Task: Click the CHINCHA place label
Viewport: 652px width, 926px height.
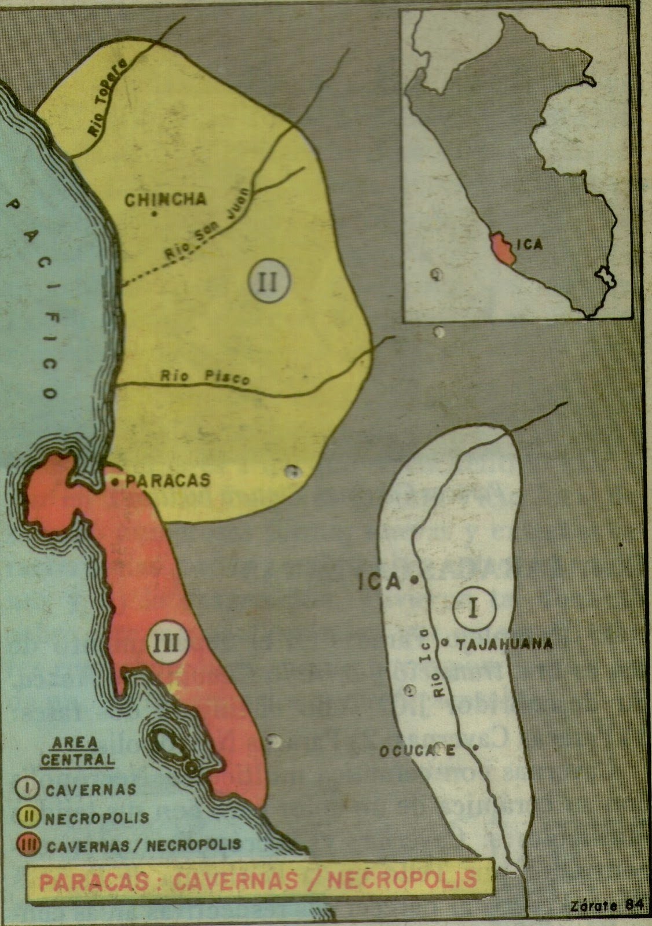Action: click(x=166, y=199)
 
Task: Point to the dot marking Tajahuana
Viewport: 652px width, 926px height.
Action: click(x=445, y=641)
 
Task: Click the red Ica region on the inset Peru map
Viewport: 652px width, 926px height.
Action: click(x=501, y=248)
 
